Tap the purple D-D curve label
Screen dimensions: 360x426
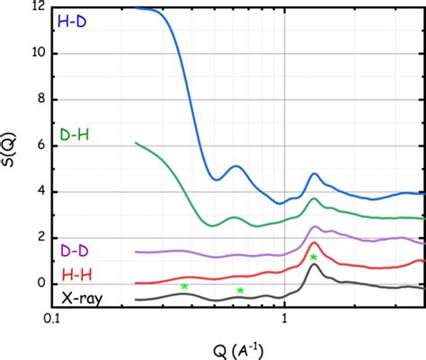tap(73, 249)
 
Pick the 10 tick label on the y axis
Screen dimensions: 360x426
tap(39, 53)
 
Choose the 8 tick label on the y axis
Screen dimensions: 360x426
tap(41, 99)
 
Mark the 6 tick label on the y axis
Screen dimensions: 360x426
tap(41, 145)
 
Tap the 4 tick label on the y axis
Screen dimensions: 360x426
tap(41, 191)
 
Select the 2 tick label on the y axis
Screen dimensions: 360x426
tap(41, 237)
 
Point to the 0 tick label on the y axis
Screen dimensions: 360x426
tap(41, 284)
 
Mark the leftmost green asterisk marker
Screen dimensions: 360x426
tap(184, 286)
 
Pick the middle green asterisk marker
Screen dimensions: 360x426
tap(240, 291)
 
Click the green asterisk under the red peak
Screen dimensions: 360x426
tap(314, 258)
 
